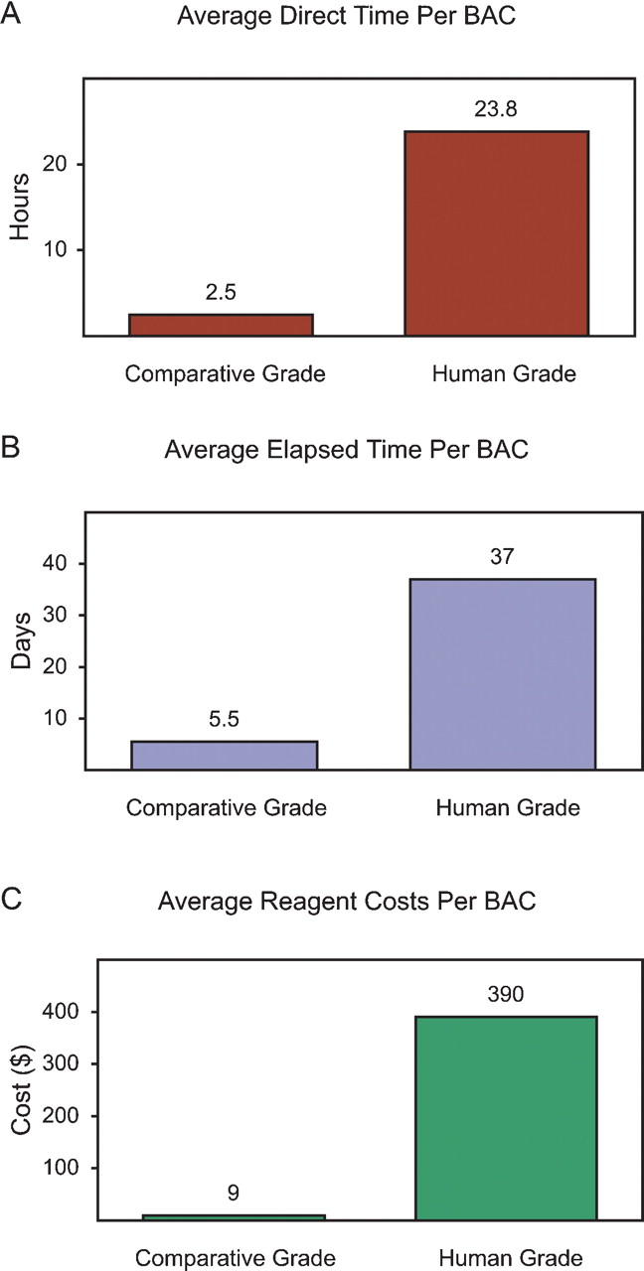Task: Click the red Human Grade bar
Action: pos(496,233)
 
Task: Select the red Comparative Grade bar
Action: pos(221,325)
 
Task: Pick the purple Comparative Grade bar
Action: pos(225,755)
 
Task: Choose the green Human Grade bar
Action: pos(506,1117)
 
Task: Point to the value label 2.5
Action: pos(221,295)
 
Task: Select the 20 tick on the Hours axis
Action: pos(54,164)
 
